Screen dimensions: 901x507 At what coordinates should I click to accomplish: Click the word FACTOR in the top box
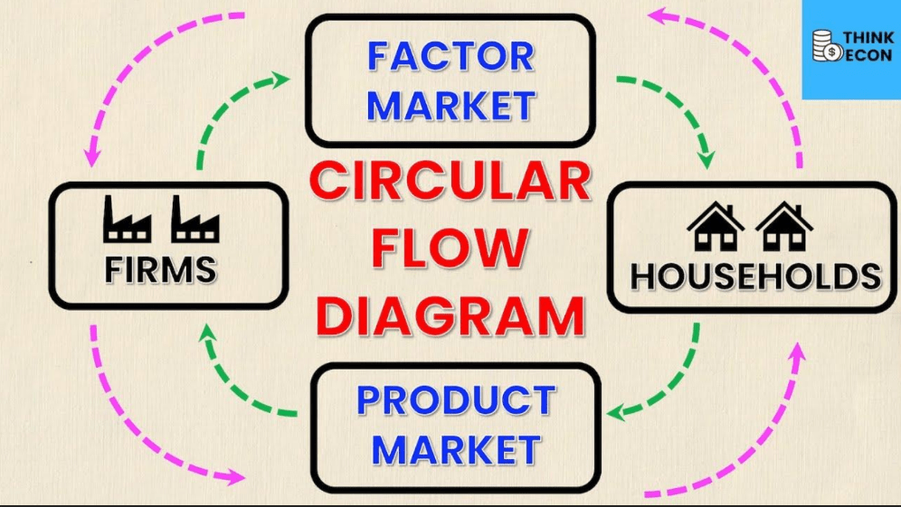click(x=451, y=56)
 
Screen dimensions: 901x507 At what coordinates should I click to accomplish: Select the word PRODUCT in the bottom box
click(x=456, y=400)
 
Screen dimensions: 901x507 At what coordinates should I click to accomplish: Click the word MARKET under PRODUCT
click(x=456, y=449)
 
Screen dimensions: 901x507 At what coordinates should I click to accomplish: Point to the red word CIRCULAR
click(x=451, y=182)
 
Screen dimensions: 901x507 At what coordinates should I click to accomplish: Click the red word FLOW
click(x=450, y=249)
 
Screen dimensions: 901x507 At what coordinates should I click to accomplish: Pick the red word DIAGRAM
click(x=451, y=315)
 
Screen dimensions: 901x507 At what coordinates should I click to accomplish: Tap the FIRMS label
click(x=160, y=270)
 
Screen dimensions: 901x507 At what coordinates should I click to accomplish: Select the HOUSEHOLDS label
click(x=755, y=277)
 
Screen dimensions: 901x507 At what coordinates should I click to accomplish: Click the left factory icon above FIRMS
click(x=127, y=219)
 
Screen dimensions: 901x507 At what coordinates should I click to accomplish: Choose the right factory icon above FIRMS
click(x=194, y=219)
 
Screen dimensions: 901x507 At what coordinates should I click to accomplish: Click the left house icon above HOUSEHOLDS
click(x=716, y=226)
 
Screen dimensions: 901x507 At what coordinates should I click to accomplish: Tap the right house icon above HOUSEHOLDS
click(x=784, y=226)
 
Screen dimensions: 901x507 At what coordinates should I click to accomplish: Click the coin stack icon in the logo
click(x=826, y=46)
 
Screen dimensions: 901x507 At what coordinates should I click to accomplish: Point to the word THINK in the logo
click(x=868, y=38)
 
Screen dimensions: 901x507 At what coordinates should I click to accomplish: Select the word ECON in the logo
click(x=869, y=54)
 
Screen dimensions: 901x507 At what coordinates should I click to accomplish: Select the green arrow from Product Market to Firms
click(x=230, y=385)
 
